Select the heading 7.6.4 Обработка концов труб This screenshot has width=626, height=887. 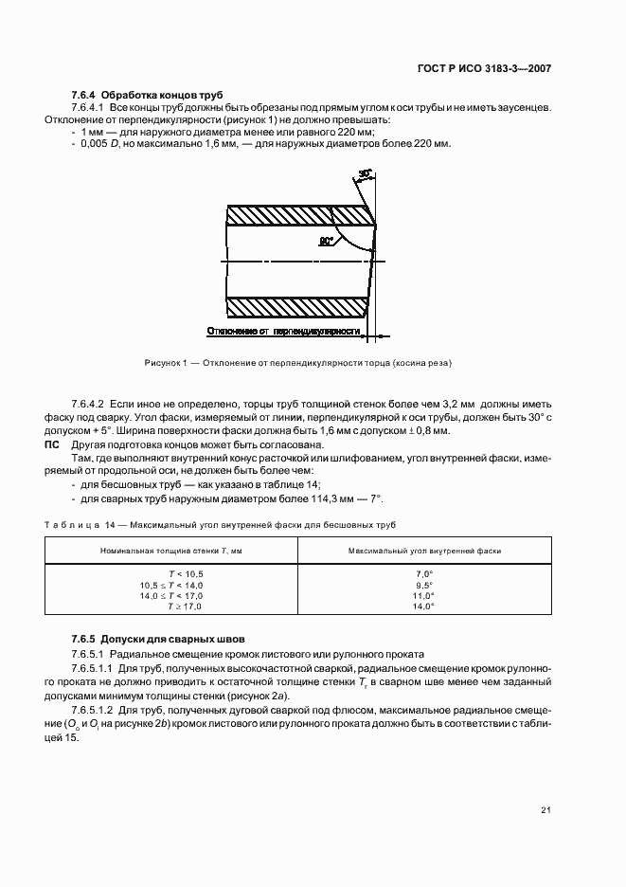click(147, 96)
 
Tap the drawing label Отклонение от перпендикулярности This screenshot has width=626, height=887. click(283, 332)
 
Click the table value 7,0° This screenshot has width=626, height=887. click(424, 574)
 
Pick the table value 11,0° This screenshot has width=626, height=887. click(424, 595)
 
